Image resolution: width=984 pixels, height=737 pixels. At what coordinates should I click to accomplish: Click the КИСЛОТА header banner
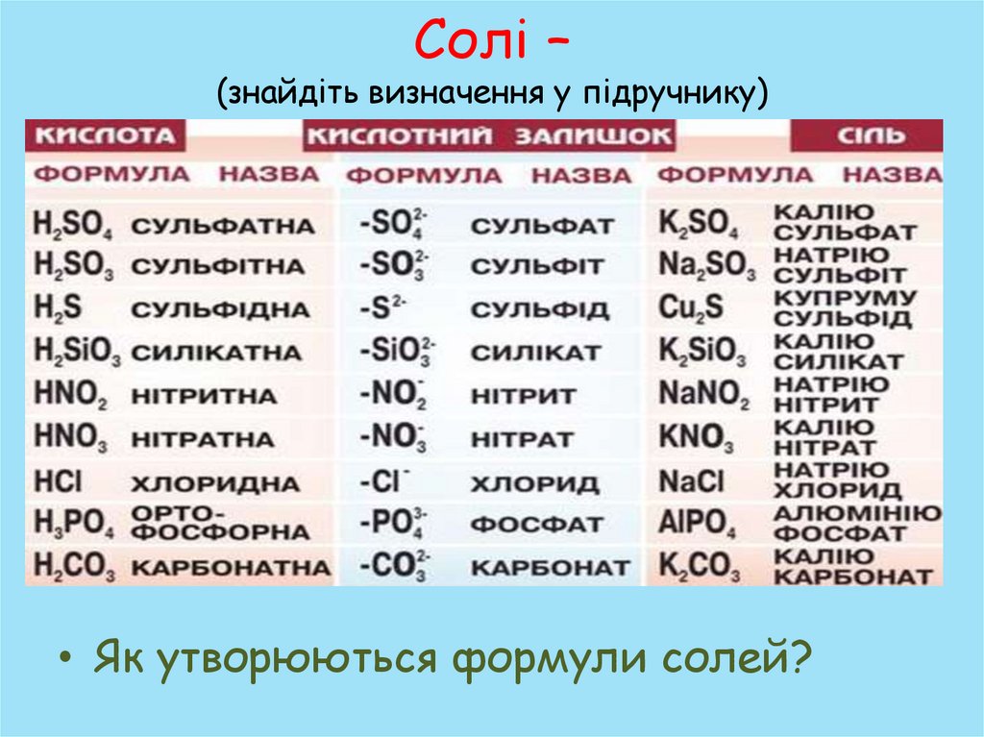[x=105, y=135]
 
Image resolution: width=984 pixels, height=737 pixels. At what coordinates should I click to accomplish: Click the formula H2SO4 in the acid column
[x=73, y=227]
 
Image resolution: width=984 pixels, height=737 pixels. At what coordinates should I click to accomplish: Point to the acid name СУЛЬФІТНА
[x=218, y=267]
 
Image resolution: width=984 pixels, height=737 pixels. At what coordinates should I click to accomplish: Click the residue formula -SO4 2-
[x=394, y=226]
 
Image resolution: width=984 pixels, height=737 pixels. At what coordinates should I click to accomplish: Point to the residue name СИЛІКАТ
[x=535, y=353]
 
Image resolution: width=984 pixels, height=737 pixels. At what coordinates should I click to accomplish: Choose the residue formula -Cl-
[x=385, y=480]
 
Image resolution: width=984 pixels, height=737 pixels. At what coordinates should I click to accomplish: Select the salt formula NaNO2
[x=704, y=395]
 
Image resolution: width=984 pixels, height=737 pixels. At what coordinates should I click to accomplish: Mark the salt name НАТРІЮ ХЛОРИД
[x=831, y=480]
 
